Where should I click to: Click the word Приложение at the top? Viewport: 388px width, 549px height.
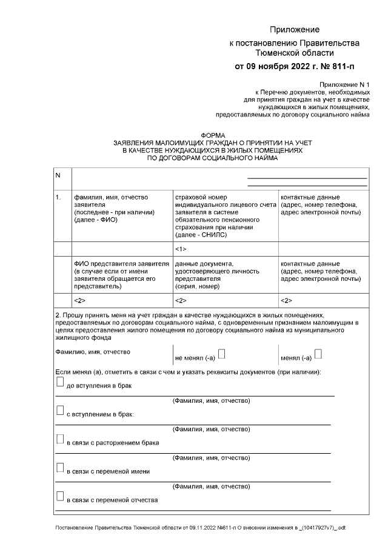[294, 30]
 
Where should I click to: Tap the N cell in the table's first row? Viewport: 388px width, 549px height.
[58, 176]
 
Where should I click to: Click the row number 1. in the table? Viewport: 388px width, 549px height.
[58, 197]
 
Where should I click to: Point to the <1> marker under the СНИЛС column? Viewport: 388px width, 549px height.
[180, 249]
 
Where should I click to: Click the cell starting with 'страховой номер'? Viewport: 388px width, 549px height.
[225, 215]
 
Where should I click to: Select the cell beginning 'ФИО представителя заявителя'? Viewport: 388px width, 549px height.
[121, 275]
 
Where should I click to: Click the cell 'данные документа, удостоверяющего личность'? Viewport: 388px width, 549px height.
[225, 275]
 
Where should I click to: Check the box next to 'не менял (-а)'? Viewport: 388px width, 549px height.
[222, 354]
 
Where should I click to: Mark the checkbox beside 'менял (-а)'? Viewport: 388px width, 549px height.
[318, 354]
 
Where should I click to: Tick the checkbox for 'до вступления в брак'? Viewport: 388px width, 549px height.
[59, 382]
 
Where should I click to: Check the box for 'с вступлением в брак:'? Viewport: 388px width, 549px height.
[59, 411]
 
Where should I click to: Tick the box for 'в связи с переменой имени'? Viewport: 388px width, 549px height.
[59, 468]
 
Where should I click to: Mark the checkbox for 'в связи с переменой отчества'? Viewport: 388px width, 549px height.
[59, 497]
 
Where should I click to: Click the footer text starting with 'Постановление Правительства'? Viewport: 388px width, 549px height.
[200, 528]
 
